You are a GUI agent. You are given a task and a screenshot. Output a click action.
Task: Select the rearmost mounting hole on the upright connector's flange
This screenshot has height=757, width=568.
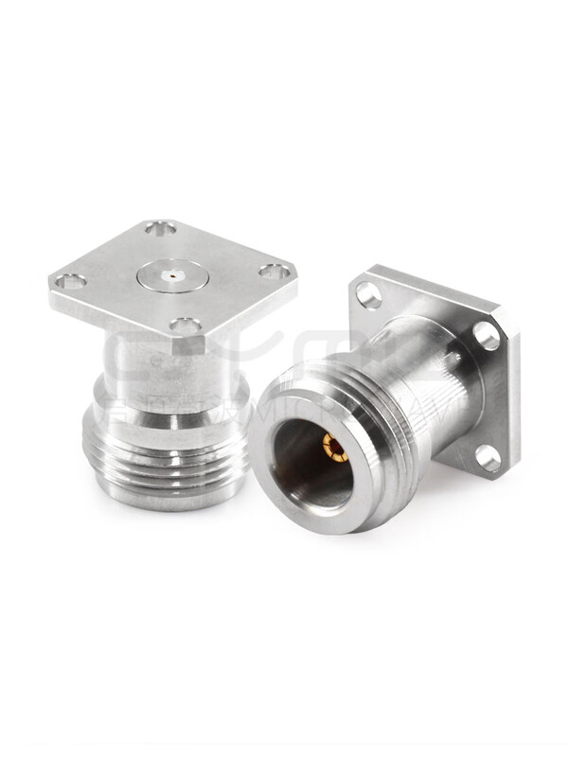(160, 228)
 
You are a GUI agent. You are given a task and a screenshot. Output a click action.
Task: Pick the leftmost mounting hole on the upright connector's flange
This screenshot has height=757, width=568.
(70, 281)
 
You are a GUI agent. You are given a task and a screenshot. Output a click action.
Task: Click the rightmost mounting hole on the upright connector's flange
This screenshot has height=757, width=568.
(275, 272)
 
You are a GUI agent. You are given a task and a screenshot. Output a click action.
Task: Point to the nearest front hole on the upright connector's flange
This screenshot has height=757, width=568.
(186, 326)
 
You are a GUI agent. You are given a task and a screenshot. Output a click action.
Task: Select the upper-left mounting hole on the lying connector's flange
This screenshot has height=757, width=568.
(369, 295)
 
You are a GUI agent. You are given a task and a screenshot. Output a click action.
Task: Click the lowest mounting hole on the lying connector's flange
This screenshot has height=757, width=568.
(488, 458)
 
